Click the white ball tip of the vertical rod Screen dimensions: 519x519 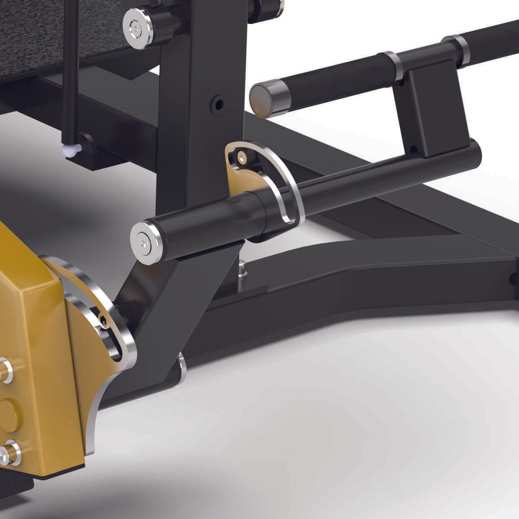coord(69,150)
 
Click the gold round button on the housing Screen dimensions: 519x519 coord(9,415)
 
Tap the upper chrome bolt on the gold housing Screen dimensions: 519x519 coord(5,371)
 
